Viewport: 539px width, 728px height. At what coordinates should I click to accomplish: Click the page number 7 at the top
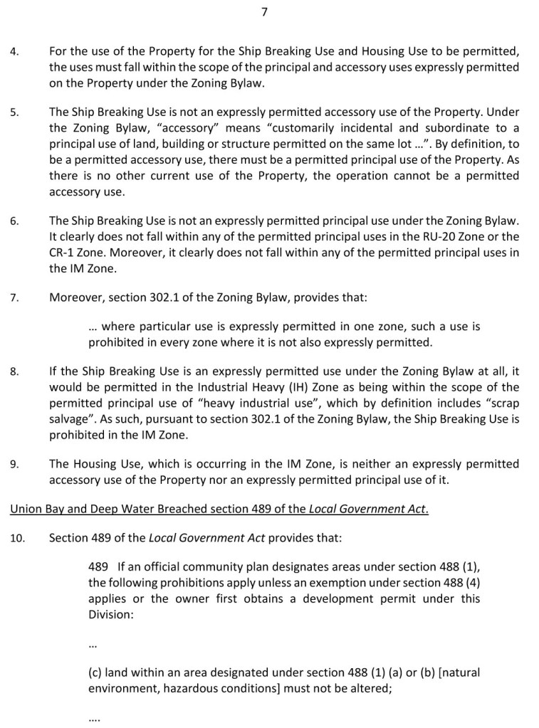pyautogui.click(x=264, y=11)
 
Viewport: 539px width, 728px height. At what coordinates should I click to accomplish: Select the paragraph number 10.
pyautogui.click(x=17, y=538)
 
